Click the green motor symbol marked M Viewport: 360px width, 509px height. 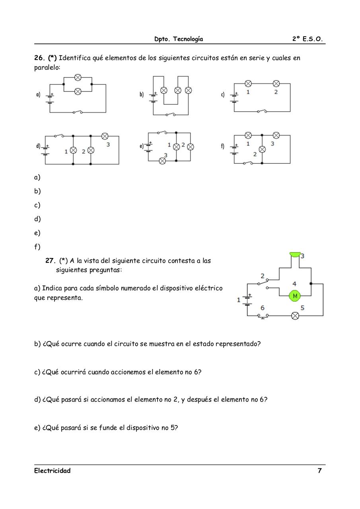point(295,296)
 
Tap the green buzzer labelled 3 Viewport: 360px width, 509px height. point(295,254)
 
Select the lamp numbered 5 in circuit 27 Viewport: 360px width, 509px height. point(295,316)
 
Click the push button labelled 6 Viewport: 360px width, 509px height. point(263,316)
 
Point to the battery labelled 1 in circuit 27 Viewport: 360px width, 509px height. point(247,300)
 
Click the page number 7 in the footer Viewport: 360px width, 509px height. point(319,471)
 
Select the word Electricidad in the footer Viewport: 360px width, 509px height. point(52,471)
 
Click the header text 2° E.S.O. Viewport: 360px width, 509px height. point(307,39)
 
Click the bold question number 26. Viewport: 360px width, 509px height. point(39,58)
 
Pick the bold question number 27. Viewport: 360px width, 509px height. point(50,261)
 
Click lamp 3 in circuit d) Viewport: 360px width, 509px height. point(105,136)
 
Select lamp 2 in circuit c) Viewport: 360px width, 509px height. point(276,84)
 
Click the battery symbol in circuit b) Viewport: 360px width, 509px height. point(154,96)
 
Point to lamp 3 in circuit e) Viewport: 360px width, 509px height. point(162,161)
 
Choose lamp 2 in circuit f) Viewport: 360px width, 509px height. point(262,150)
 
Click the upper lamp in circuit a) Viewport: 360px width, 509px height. point(78,77)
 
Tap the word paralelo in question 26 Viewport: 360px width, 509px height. point(47,68)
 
